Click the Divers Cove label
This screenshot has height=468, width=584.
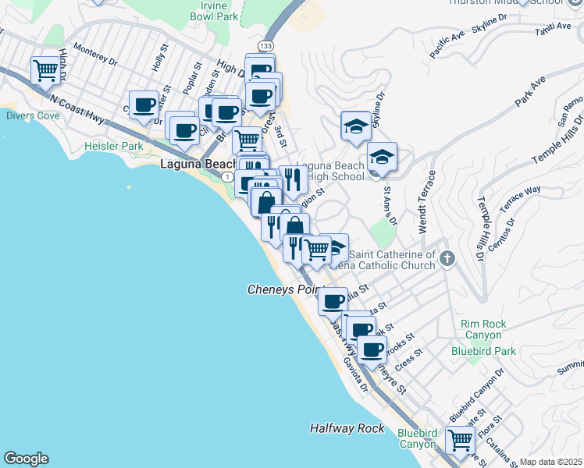32,115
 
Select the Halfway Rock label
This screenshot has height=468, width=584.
347,428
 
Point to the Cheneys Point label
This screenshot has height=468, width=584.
281,289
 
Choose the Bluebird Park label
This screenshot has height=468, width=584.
483,351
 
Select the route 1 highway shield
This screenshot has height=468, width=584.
226,178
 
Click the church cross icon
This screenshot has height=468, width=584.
447,258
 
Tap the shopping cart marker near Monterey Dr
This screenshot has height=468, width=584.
45,70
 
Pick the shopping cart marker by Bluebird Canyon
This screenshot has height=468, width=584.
459,439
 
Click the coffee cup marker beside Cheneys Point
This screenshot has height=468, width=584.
333,300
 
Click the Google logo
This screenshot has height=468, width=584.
26,459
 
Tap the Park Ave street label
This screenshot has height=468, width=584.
528,94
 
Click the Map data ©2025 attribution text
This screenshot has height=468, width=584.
550,462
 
